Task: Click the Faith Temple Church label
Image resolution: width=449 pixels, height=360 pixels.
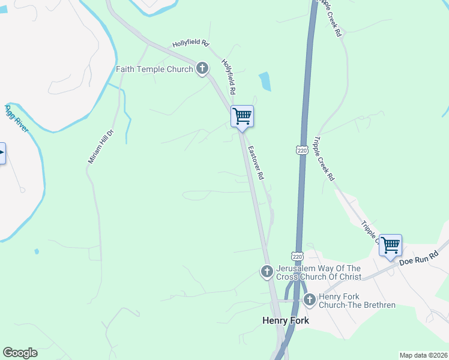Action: tap(154, 69)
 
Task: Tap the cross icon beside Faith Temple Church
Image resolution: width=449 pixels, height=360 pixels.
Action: tap(202, 68)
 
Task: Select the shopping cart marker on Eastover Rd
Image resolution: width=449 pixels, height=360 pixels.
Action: tap(242, 116)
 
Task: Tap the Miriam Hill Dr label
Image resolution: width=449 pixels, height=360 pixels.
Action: tap(93, 147)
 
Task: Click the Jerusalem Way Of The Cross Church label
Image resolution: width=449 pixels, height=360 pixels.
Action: tap(319, 272)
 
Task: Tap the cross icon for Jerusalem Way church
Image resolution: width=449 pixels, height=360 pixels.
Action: tap(267, 272)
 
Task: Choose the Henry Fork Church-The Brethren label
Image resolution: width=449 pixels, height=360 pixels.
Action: tap(357, 301)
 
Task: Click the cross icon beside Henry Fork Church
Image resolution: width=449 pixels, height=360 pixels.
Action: tap(309, 300)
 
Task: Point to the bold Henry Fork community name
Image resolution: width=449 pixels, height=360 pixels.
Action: tap(286, 320)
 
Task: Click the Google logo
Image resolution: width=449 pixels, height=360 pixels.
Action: tap(20, 353)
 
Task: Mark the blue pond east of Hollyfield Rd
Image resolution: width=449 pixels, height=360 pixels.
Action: tap(265, 81)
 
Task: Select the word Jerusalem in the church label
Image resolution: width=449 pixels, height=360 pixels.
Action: tap(297, 268)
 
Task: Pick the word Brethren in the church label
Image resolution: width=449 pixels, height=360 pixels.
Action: tap(378, 305)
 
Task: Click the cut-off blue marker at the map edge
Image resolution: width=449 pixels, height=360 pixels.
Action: tap(2, 153)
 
